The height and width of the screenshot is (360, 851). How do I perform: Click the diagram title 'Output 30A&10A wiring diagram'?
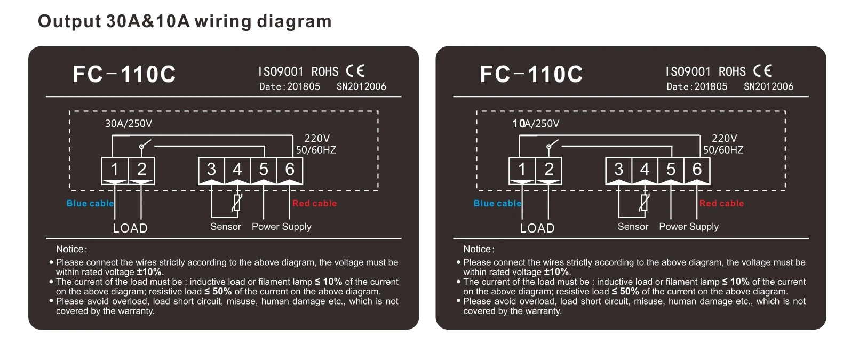[185, 21]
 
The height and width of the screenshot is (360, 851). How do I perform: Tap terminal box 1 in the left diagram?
[115, 169]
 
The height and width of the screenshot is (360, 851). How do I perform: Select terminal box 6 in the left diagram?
[290, 169]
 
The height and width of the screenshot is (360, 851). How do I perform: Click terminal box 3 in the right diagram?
[618, 169]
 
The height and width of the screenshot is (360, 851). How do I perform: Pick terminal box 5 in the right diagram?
[671, 169]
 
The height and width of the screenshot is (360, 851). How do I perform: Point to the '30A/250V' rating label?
[129, 124]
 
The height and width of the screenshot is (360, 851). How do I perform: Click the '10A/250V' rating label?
[536, 124]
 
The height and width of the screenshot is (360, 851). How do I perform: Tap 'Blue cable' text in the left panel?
[90, 203]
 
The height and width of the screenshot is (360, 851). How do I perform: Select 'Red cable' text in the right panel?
[721, 203]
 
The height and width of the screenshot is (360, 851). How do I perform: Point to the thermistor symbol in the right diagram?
[644, 203]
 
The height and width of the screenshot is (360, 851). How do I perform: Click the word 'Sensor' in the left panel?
[226, 227]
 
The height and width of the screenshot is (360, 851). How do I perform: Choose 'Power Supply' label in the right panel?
[689, 227]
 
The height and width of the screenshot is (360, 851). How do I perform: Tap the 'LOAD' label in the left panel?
[130, 228]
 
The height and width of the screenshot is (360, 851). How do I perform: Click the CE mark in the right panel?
[762, 71]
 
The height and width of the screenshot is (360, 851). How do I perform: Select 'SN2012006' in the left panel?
[361, 86]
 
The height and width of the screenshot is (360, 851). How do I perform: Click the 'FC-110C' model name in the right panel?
[531, 74]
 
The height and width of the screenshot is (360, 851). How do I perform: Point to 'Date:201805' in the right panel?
[697, 86]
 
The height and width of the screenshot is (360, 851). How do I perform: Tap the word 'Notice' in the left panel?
[70, 249]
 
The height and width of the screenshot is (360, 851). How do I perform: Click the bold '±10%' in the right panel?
[556, 272]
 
